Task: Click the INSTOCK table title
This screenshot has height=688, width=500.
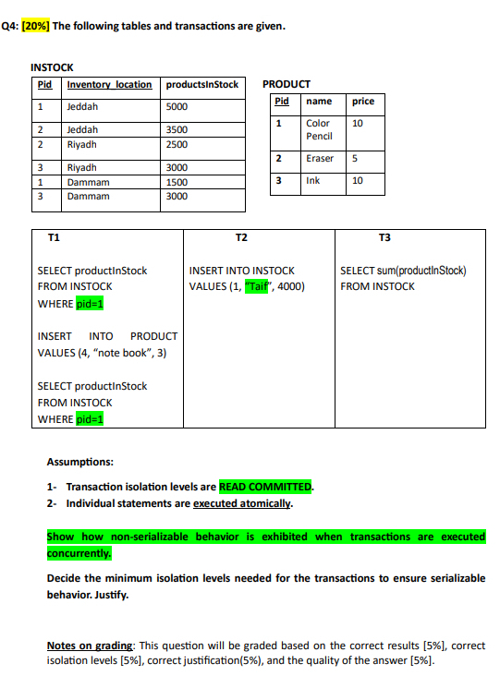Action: point(52,68)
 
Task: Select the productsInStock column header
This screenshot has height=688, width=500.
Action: point(201,85)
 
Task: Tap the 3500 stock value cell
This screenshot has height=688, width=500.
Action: point(177,130)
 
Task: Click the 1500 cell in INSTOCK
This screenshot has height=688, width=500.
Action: point(177,183)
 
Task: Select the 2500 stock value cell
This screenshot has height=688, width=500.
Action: point(177,144)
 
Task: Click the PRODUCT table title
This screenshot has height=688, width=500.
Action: point(287,84)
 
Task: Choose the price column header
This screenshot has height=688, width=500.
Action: point(363,101)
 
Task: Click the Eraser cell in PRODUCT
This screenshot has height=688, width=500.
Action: point(320,159)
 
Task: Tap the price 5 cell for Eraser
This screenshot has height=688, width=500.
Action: point(356,159)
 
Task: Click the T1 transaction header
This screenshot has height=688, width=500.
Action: point(54,238)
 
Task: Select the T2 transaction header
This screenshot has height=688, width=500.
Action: point(242,238)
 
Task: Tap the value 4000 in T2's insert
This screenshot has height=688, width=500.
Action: point(287,286)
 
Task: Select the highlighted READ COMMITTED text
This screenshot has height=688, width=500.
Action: point(266,487)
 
